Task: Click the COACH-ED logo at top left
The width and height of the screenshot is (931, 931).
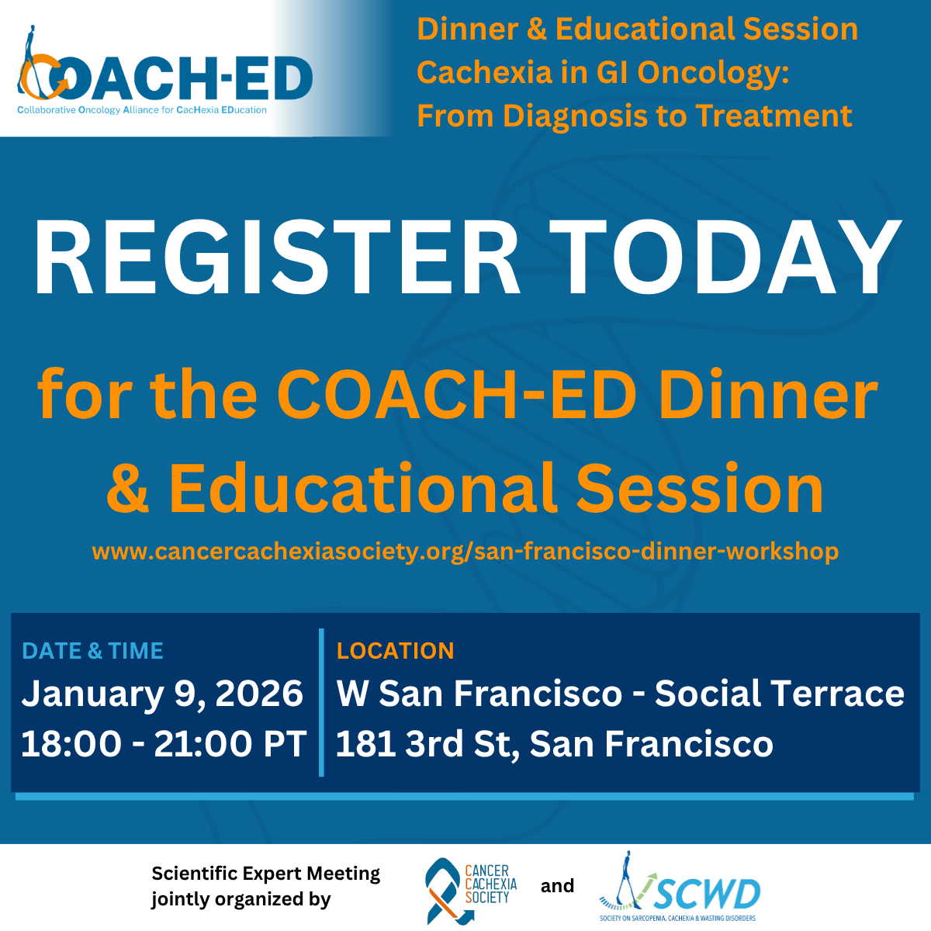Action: click(165, 71)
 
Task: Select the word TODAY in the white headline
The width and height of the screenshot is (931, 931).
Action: click(725, 257)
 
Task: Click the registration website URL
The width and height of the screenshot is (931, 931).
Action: click(465, 552)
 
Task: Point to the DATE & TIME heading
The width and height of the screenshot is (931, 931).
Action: click(93, 651)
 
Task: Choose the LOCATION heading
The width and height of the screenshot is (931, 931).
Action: click(395, 651)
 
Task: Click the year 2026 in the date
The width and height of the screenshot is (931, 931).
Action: click(259, 694)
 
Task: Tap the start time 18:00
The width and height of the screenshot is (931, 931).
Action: click(71, 743)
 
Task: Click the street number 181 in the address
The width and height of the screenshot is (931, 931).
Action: click(366, 743)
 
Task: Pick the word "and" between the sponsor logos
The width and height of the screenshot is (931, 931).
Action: click(557, 885)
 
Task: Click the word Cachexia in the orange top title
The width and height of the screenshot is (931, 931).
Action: click(484, 72)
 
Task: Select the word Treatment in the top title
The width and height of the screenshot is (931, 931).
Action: click(774, 116)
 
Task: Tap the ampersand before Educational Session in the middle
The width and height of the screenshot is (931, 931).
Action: click(127, 489)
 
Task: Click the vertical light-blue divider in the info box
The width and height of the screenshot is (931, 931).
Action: click(321, 702)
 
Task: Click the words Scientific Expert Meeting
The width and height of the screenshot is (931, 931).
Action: click(266, 873)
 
